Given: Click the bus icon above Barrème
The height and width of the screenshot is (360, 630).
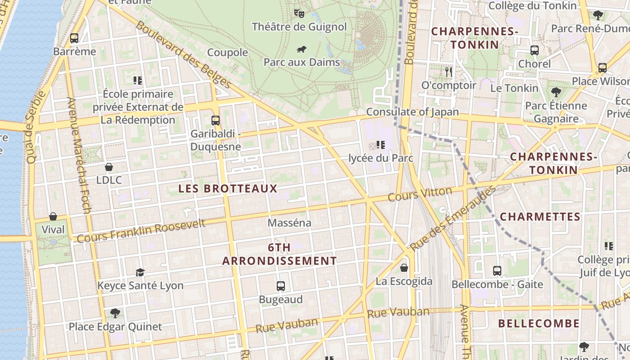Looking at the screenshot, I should (x=74, y=38).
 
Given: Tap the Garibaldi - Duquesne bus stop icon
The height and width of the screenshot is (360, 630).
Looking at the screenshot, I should (x=216, y=120).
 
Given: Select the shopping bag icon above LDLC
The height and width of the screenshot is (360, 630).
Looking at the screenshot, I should (x=108, y=167).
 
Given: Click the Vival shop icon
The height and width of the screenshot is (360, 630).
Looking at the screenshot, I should (x=53, y=216).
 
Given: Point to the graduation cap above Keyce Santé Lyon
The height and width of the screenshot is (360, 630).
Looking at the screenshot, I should (x=140, y=272).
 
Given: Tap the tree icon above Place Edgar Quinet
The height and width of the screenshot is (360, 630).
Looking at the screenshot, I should (x=115, y=313).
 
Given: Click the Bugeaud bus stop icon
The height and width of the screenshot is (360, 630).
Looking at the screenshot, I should (x=281, y=286).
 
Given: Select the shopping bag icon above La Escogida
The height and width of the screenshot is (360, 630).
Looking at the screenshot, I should (x=404, y=268).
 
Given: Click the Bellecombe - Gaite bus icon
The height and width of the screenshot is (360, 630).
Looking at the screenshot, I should (x=497, y=271).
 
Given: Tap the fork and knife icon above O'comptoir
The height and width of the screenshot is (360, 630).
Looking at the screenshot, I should (x=448, y=72).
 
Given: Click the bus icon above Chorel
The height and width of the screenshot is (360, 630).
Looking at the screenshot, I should (x=535, y=50).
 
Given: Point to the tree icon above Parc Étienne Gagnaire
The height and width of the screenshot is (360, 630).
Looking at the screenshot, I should (x=556, y=92).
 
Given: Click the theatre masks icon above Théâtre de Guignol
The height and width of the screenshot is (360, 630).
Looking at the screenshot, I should (x=299, y=13).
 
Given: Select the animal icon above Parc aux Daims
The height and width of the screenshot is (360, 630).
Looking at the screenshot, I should (x=301, y=49).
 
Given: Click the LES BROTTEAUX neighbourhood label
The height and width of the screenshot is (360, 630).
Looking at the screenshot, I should (x=228, y=189).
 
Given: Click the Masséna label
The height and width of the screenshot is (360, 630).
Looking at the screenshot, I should (x=289, y=223).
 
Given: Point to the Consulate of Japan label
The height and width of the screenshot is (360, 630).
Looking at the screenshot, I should (x=412, y=112).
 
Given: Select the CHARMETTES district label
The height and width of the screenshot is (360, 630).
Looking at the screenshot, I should (x=540, y=217).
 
